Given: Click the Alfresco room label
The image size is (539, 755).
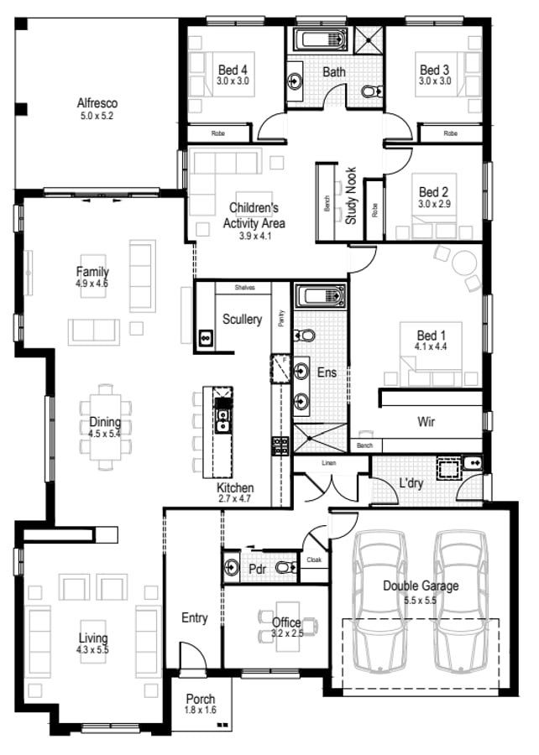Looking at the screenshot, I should (97, 103).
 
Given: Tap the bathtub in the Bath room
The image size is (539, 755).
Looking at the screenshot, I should (320, 39).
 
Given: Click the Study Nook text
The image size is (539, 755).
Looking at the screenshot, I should (351, 195).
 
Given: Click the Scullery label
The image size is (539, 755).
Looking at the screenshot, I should (242, 319).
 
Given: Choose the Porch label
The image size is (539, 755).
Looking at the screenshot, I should (200, 699).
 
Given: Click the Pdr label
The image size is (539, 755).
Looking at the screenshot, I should (258, 569).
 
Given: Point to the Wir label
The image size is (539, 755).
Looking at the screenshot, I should (426, 421).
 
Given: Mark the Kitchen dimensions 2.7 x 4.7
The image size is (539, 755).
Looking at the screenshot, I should (234, 498).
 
